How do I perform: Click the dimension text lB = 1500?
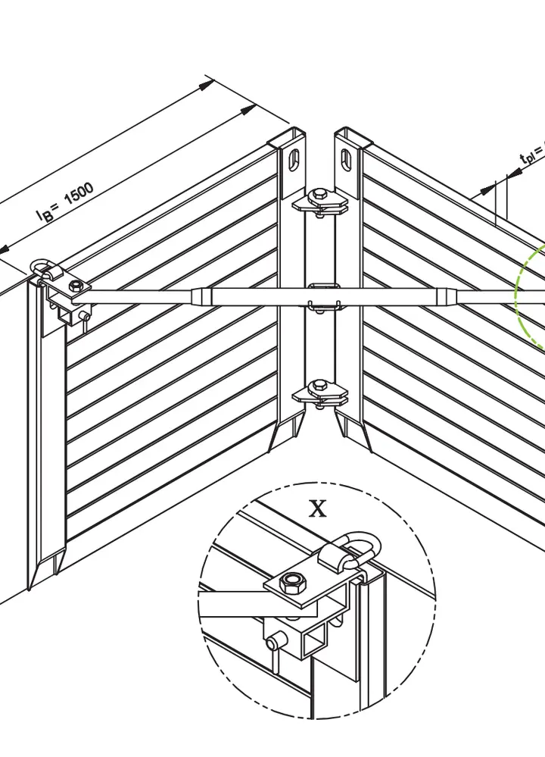(66, 202)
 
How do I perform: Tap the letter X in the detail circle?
(318, 508)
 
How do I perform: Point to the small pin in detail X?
(272, 642)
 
